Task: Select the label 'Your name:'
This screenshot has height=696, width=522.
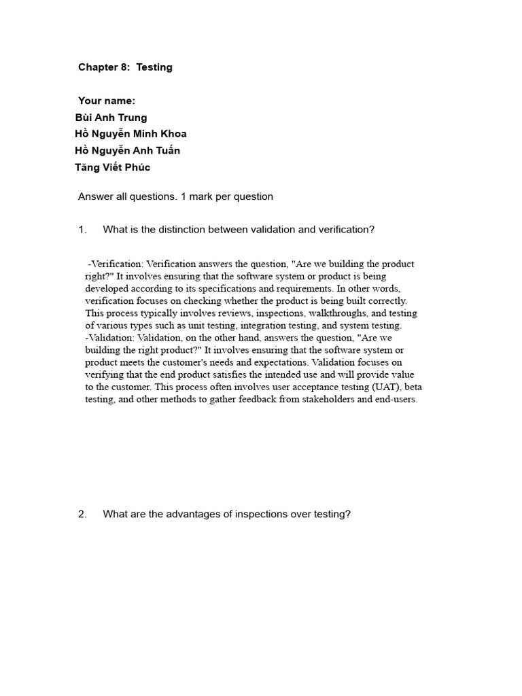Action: pos(107,101)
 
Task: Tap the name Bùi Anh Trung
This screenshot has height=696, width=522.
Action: pos(111,118)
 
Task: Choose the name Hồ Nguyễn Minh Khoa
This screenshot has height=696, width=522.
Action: pos(130,134)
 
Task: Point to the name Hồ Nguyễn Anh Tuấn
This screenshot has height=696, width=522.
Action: pos(127,151)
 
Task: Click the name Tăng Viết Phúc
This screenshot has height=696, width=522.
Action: pos(112,167)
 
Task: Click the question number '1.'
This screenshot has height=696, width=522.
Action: pos(83,230)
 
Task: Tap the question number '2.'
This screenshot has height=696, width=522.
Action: pos(83,514)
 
